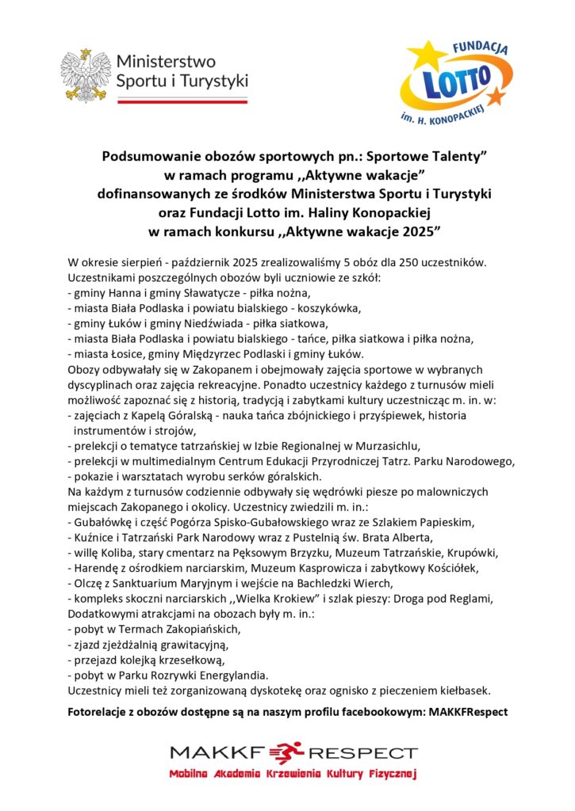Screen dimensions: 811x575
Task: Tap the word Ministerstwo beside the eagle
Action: click(x=165, y=61)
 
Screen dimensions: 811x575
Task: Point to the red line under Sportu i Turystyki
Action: click(x=182, y=101)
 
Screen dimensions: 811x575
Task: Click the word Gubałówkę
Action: click(x=101, y=522)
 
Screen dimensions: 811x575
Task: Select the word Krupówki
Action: click(x=470, y=552)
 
